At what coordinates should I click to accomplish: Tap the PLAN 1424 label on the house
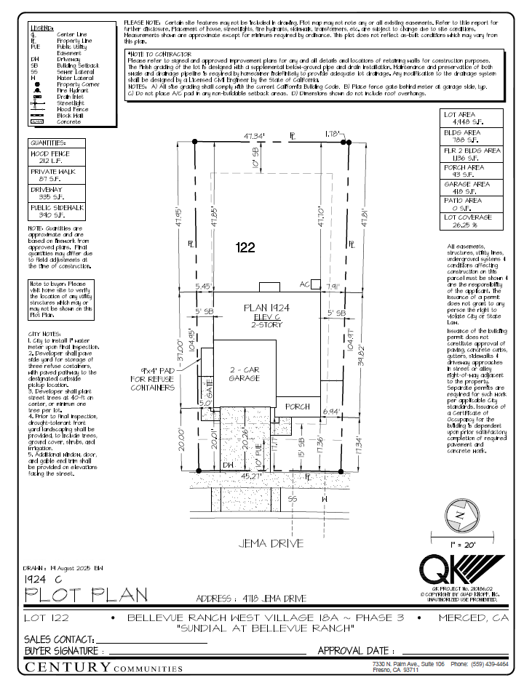click(266, 308)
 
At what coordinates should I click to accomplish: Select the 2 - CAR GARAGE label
click(244, 373)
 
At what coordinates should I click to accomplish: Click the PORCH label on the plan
click(297, 407)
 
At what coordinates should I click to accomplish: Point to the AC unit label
click(306, 284)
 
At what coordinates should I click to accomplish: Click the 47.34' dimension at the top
click(254, 136)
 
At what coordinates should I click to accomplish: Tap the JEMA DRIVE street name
click(267, 543)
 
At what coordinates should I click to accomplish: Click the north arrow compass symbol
click(458, 513)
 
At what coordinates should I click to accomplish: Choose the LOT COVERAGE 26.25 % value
click(472, 225)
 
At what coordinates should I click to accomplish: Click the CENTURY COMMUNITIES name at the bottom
click(103, 667)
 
